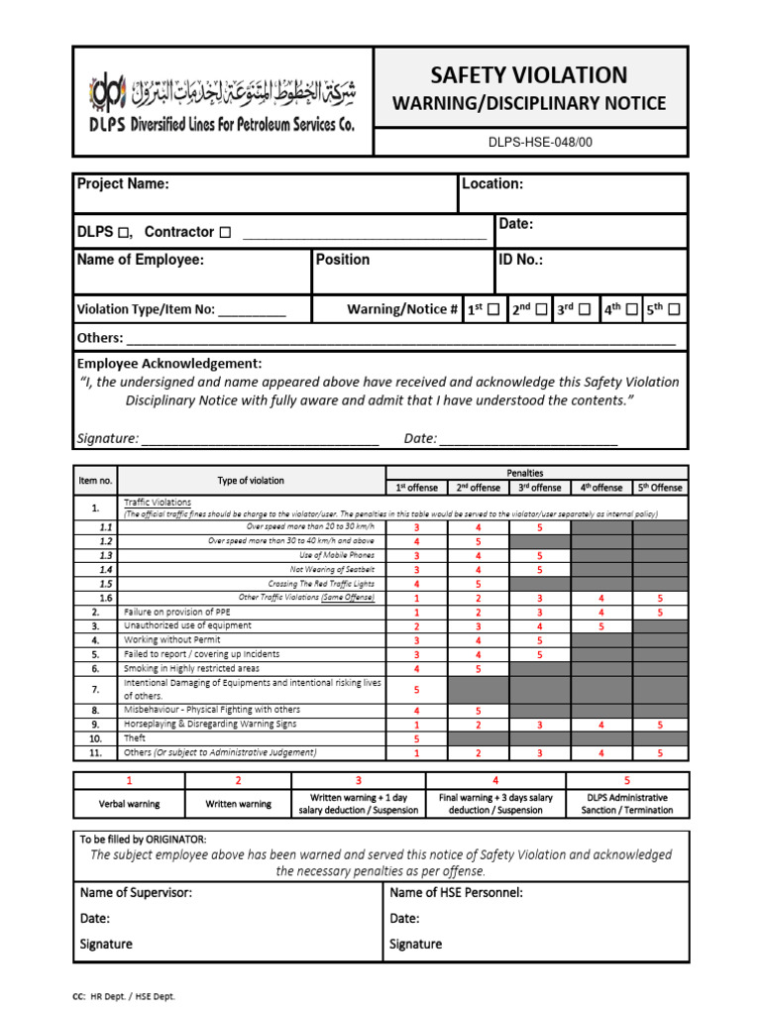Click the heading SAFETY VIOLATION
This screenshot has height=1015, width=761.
(529, 74)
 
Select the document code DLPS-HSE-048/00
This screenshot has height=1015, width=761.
(529, 142)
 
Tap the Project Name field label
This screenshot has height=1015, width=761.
(123, 183)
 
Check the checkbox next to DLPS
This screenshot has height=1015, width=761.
(124, 233)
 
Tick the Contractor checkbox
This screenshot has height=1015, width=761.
(225, 233)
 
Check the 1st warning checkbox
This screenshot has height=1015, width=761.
(493, 310)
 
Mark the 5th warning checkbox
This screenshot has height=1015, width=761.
(675, 310)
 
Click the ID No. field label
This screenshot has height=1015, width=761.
(521, 260)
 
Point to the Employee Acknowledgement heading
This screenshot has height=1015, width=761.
(169, 364)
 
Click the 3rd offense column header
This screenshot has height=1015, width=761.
(539, 488)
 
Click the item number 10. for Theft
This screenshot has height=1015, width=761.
(95, 738)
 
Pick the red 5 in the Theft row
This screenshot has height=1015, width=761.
(416, 738)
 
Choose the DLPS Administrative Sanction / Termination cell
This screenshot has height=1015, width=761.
(626, 803)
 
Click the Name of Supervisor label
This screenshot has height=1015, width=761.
(136, 893)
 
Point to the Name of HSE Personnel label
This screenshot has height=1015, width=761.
(457, 893)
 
